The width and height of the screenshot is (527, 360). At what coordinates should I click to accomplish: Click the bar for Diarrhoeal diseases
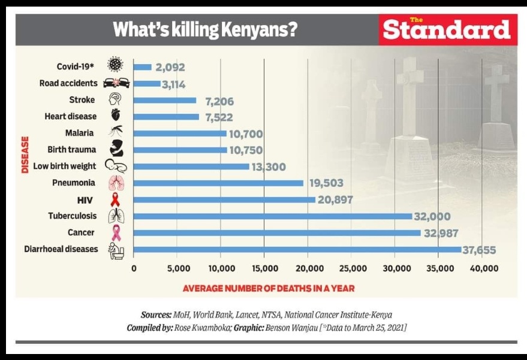pos(297,249)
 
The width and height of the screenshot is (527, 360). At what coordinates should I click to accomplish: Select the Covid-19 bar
pos(142,67)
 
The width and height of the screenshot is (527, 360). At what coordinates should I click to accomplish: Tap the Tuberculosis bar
pos(273,216)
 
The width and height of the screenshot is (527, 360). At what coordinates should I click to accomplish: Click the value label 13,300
pos(269,167)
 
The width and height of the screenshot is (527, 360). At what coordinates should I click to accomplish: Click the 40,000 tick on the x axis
pos(483,269)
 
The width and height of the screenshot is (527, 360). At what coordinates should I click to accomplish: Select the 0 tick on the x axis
pos(134,269)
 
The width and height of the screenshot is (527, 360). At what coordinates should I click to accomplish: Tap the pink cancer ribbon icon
pos(116,233)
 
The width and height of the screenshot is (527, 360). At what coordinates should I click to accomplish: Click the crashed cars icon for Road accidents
pos(116,83)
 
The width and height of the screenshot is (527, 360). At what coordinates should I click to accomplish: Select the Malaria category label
pos(79,133)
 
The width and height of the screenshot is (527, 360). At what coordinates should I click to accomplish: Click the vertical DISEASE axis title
pos(25,155)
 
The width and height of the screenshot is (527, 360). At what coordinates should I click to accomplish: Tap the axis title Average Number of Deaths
pos(268,288)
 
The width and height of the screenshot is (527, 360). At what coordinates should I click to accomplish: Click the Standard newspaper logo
pos(447,29)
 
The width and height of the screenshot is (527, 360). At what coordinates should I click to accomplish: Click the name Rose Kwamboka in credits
pos(201,328)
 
